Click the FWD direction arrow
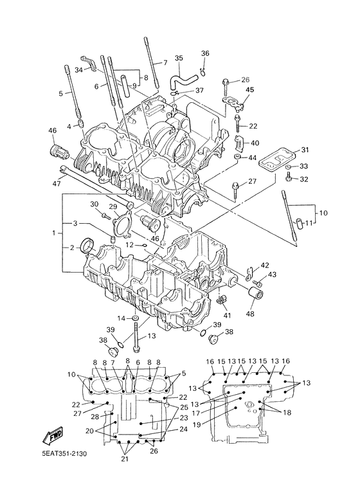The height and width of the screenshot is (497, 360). (x=52, y=436)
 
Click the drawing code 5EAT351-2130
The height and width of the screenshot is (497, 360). (x=64, y=453)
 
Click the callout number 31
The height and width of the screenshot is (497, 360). (x=305, y=150)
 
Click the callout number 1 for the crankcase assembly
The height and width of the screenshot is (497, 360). (x=54, y=233)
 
